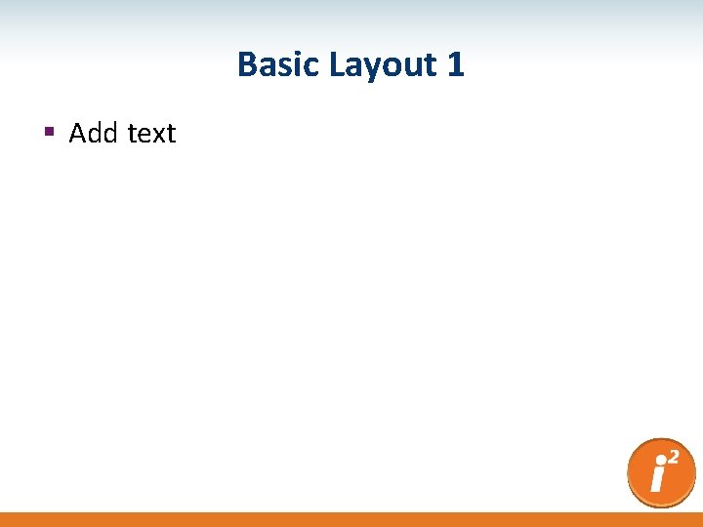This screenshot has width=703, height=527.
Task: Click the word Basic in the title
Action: click(279, 65)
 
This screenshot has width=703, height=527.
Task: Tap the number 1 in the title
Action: click(455, 65)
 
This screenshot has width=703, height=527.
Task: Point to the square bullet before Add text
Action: click(48, 133)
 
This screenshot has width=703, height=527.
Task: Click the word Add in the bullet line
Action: click(93, 133)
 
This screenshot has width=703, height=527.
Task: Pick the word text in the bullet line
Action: click(151, 134)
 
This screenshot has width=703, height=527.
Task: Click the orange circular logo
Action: click(661, 473)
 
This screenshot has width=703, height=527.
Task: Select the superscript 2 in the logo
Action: click(674, 456)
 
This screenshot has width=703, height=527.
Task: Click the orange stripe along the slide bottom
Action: click(351, 519)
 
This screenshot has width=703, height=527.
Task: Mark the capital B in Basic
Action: click(247, 65)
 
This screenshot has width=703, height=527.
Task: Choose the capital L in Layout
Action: click(336, 65)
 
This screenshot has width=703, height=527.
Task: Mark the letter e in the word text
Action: click(143, 135)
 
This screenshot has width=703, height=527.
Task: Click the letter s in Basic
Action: click(284, 67)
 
